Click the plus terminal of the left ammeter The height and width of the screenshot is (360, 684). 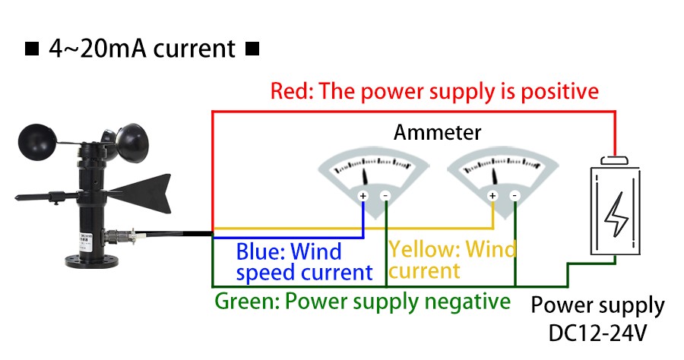[x=363, y=197]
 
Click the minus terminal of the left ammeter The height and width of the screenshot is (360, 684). [x=385, y=197]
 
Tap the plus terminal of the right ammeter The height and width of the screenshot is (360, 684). [x=492, y=197]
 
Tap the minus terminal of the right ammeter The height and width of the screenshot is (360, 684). [x=515, y=197]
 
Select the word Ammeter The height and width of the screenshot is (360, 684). [x=437, y=133]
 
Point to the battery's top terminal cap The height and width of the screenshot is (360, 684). [x=614, y=161]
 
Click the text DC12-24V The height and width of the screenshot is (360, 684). [x=597, y=333]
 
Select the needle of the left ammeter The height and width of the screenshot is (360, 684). [x=366, y=175]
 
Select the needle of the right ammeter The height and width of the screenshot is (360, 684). [x=496, y=175]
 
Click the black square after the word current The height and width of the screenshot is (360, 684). [x=253, y=50]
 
